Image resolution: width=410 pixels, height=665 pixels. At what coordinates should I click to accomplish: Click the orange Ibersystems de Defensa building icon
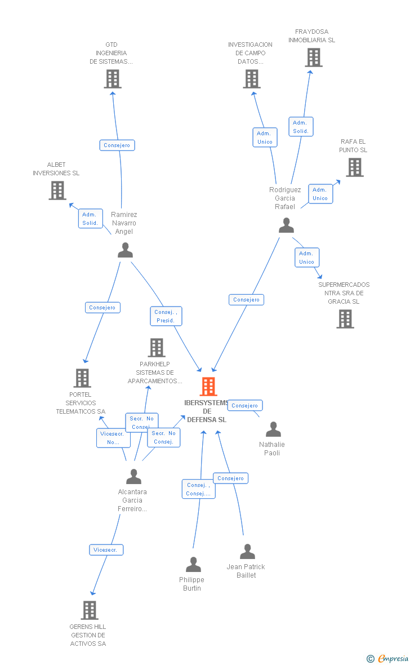(208, 387)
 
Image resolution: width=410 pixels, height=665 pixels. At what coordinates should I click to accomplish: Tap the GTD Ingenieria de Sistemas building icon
(113, 79)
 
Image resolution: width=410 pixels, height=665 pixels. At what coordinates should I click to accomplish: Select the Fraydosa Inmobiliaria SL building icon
(314, 57)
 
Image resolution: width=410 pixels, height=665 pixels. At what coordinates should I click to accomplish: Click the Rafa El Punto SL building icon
(354, 167)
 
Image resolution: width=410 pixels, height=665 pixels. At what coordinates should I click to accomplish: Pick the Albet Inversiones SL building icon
(57, 190)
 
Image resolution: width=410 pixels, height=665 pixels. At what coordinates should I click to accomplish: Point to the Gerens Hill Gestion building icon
(89, 610)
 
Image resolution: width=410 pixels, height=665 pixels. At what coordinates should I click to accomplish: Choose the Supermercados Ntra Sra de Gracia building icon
(345, 319)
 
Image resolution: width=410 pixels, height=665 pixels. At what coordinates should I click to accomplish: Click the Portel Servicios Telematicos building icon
(82, 378)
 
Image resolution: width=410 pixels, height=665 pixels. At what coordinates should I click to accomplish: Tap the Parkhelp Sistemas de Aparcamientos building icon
(157, 348)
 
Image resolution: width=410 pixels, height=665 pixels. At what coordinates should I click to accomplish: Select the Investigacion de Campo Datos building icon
(252, 79)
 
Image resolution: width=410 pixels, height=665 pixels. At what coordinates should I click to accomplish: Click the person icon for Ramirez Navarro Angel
(125, 250)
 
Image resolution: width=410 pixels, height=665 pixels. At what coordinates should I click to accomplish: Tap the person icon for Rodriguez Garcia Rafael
(286, 225)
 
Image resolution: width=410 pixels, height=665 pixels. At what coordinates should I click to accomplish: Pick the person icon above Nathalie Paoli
(273, 429)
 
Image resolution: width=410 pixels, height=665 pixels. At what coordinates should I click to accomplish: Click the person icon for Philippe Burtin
(193, 564)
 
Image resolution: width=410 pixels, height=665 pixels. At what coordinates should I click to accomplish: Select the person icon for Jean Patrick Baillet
(247, 552)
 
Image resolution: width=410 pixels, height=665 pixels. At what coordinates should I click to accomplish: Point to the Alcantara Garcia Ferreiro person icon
(133, 477)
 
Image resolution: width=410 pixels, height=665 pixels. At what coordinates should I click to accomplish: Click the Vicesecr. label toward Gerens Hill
(106, 549)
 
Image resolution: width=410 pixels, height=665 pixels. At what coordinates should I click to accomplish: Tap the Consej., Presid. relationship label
(166, 316)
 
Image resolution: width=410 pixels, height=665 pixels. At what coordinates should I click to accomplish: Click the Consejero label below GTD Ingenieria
(117, 145)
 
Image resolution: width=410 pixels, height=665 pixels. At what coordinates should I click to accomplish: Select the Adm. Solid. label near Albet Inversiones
(90, 218)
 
